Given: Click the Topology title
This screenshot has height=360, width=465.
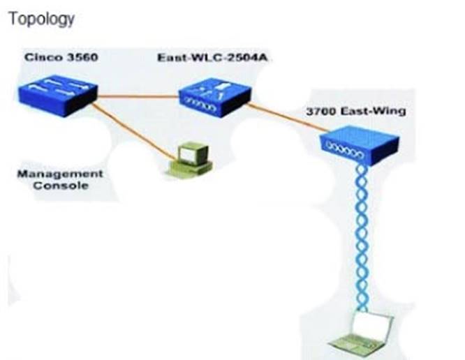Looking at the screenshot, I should pos(40,19).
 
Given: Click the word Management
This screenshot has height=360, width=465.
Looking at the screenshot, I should pos(59,174).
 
